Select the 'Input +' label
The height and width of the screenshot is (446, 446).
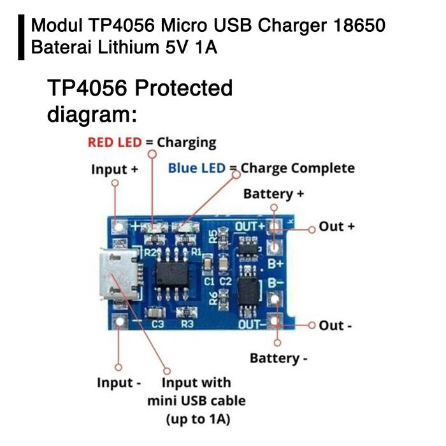click(x=115, y=169)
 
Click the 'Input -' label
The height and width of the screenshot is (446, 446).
click(x=119, y=383)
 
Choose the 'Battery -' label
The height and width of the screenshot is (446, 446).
click(x=278, y=358)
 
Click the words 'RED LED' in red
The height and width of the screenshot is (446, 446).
click(x=115, y=142)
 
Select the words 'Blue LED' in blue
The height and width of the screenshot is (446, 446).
click(x=197, y=168)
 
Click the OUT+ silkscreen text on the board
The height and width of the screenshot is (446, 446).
click(x=250, y=227)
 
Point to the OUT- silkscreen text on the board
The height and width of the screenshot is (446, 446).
click(x=250, y=324)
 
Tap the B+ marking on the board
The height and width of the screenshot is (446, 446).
click(x=275, y=263)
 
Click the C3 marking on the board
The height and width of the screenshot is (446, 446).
click(x=158, y=324)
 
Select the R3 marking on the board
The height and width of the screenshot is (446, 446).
click(x=187, y=324)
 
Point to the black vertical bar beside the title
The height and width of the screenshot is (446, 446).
click(x=21, y=37)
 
